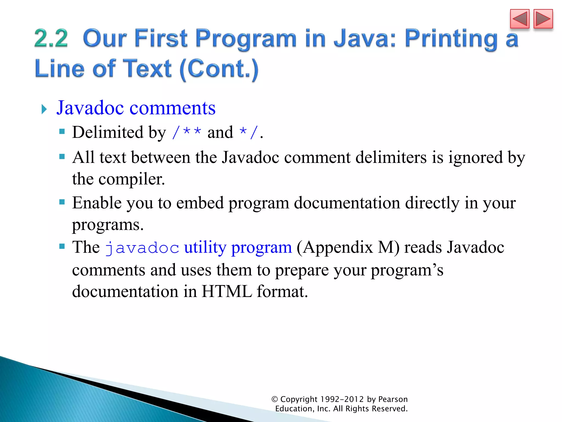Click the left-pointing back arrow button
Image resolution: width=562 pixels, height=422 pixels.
click(x=519, y=19)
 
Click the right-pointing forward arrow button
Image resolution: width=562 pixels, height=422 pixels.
click(x=543, y=19)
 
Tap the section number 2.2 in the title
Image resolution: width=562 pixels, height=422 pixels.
click(x=51, y=38)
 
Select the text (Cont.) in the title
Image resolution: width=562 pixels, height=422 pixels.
click(x=219, y=69)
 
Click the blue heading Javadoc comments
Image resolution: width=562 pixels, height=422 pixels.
click(x=136, y=108)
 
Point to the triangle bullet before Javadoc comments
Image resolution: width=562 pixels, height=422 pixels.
click(x=44, y=109)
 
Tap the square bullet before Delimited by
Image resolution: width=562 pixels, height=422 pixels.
click(x=62, y=132)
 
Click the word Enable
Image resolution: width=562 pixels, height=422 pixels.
click(x=97, y=203)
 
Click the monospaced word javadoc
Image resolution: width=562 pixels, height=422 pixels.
click(x=142, y=248)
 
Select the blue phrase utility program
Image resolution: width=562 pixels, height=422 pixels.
click(x=238, y=247)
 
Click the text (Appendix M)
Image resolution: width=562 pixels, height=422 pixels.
click(x=348, y=247)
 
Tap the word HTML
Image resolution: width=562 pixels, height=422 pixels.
click(x=227, y=291)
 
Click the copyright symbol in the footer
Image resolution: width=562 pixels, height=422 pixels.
click(x=275, y=399)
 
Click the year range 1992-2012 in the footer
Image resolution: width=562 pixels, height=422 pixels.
click(x=342, y=399)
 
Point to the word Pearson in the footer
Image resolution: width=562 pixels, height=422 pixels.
click(x=393, y=399)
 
